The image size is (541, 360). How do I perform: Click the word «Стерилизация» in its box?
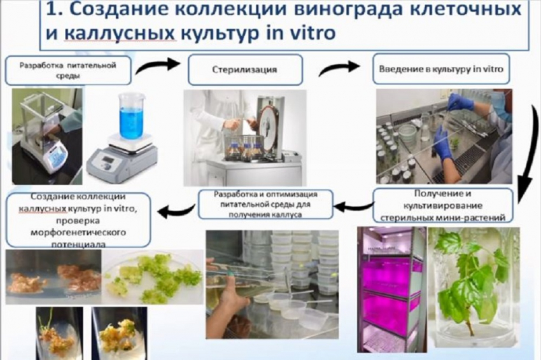pyautogui.click(x=244, y=69)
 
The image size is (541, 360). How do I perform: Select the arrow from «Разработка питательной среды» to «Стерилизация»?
pyautogui.click(x=159, y=64)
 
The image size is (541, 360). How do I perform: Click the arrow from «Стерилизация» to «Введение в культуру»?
pyautogui.click(x=340, y=66)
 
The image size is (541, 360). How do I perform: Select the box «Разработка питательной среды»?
pyautogui.click(x=68, y=70)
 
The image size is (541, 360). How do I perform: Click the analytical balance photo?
pyautogui.click(x=46, y=136)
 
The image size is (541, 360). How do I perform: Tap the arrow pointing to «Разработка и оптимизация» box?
pyautogui.click(x=353, y=205)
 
